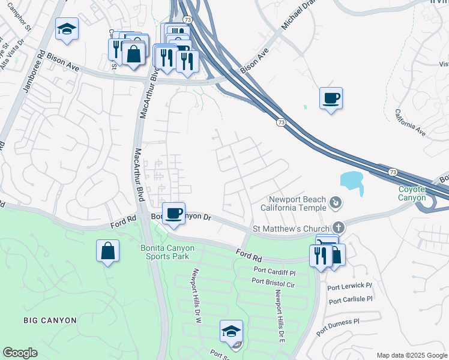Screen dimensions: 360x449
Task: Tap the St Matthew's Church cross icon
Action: coord(339,228)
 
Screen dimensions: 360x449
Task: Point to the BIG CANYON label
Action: coord(50,320)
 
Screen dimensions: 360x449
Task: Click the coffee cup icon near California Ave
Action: coord(331,98)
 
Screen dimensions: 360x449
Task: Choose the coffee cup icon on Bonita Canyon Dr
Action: coord(173,213)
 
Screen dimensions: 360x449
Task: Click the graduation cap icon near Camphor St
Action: coord(67,28)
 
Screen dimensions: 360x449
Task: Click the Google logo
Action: coord(20,353)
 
